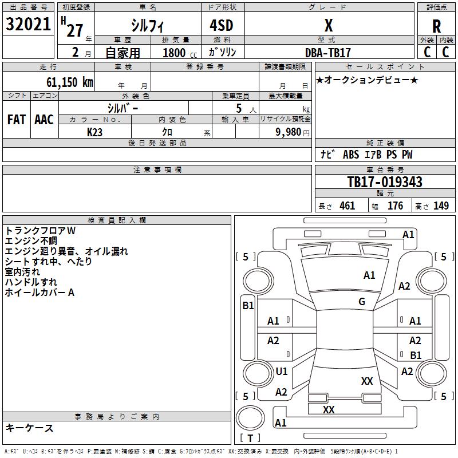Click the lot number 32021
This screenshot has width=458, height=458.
pyautogui.click(x=28, y=24)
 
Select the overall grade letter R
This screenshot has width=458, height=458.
pyautogui.click(x=436, y=26)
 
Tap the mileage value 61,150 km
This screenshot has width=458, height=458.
pyautogui.click(x=70, y=82)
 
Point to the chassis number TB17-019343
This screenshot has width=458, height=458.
pyautogui.click(x=385, y=182)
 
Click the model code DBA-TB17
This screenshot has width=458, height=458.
pyautogui.click(x=327, y=53)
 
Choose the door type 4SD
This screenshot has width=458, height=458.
pyautogui.click(x=222, y=25)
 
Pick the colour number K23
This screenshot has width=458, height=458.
pyautogui.click(x=94, y=132)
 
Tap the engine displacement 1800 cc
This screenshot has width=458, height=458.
pyautogui.click(x=180, y=53)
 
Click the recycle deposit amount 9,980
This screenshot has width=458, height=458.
pyautogui.click(x=289, y=132)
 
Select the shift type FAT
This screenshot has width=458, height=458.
pyautogui.click(x=17, y=120)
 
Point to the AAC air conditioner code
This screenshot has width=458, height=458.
pyautogui.click(x=44, y=120)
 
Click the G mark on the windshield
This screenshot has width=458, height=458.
pyautogui.click(x=362, y=301)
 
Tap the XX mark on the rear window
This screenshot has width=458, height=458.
pyautogui.click(x=367, y=381)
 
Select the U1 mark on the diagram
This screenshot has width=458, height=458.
pyautogui.click(x=282, y=371)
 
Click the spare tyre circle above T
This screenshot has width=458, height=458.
pyautogui.click(x=250, y=418)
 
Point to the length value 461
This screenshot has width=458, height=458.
pyautogui.click(x=347, y=206)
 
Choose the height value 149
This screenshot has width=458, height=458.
pyautogui.click(x=441, y=206)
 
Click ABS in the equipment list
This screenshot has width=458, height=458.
pyautogui.click(x=351, y=154)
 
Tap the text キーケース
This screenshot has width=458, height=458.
pyautogui.click(x=30, y=428)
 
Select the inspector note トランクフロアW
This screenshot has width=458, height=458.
pyautogui.click(x=40, y=231)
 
